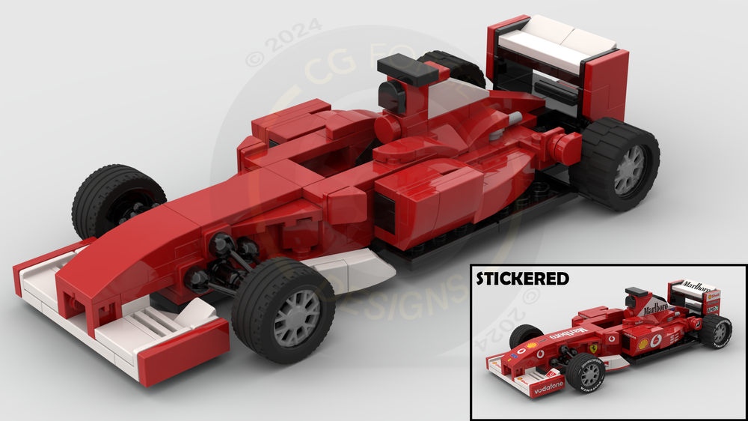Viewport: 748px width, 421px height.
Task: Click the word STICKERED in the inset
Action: tap(523, 279)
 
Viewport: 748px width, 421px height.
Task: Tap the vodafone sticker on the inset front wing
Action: tap(548, 390)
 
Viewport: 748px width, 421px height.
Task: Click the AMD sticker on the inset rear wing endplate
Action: tap(712, 308)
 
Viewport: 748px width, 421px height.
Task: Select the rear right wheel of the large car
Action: tap(615, 166)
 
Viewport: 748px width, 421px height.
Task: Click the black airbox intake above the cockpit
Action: tap(405, 72)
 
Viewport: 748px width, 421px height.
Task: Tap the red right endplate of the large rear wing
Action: tap(605, 90)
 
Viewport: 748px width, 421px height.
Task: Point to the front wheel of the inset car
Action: tap(585, 373)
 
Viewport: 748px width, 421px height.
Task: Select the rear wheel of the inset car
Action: tap(717, 330)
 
